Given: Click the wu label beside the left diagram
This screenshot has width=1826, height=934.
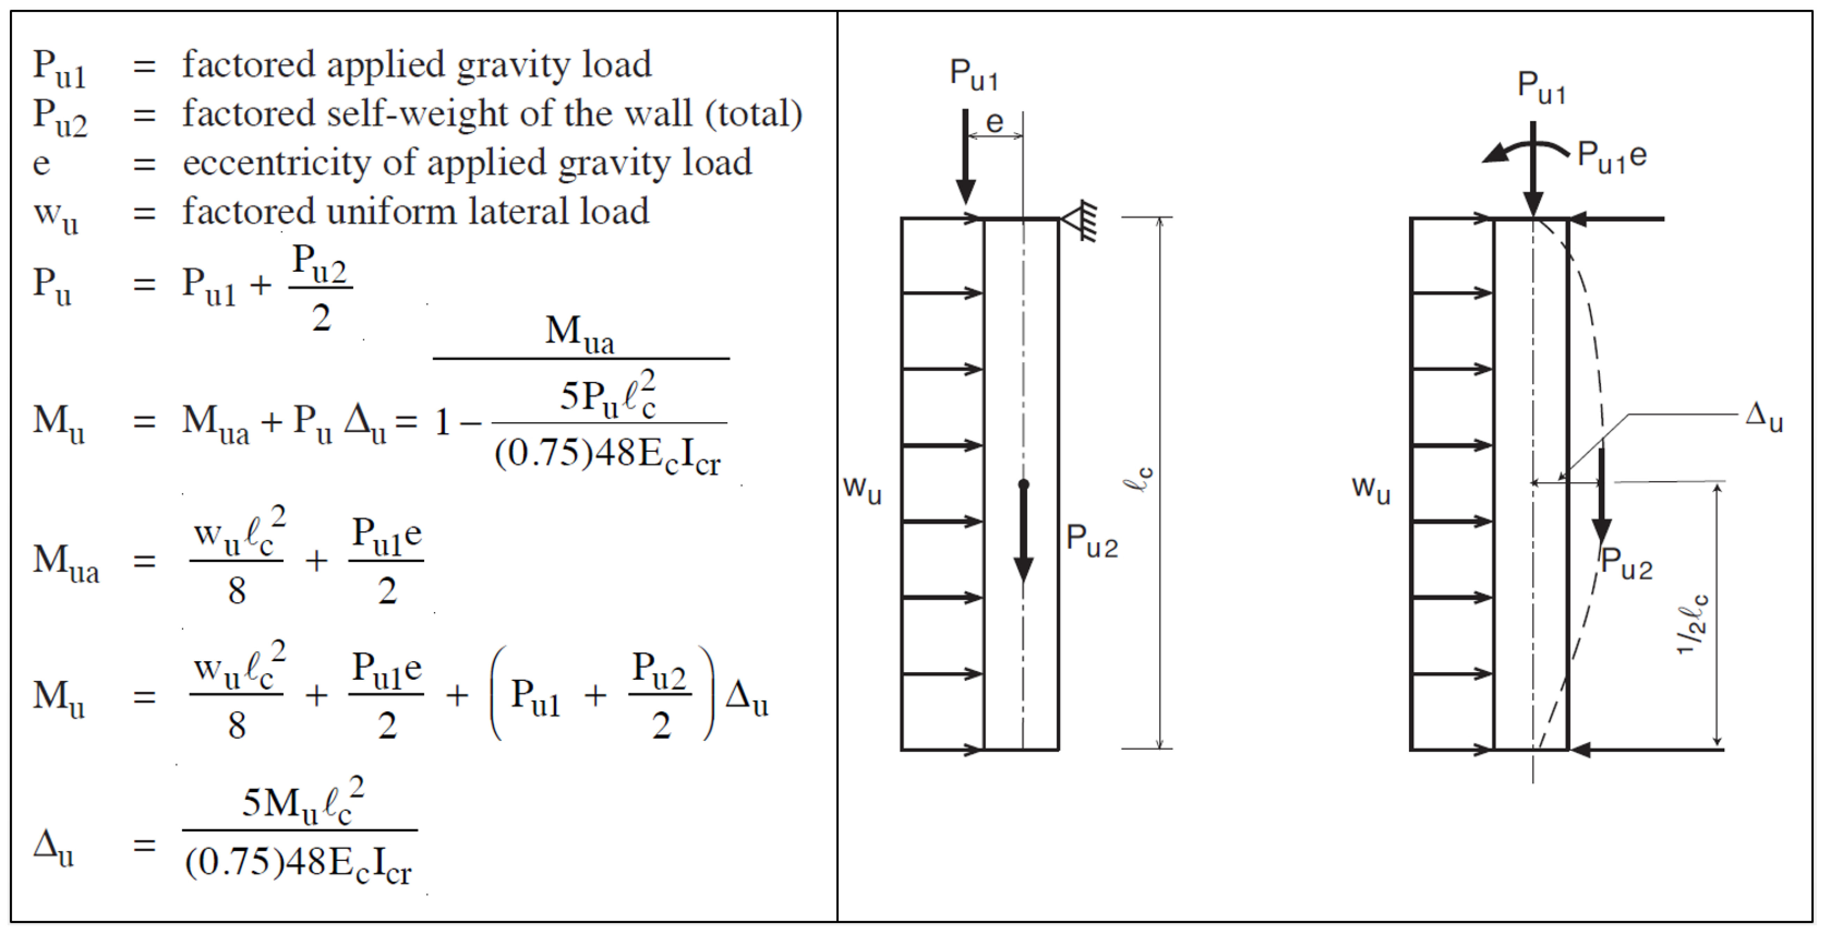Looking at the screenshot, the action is [862, 489].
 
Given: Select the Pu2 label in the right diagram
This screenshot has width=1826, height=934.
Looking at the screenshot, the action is [1626, 564].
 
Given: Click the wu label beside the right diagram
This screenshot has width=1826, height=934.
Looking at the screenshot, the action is [1371, 489].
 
